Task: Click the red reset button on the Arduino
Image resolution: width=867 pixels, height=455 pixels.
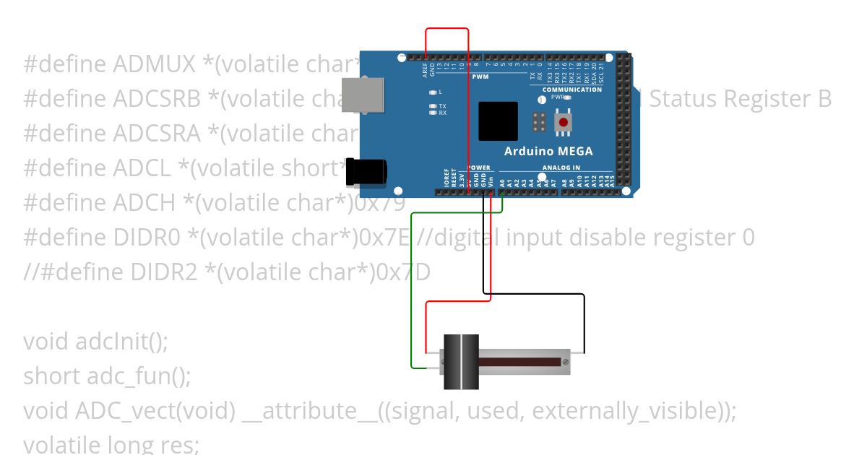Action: point(563,122)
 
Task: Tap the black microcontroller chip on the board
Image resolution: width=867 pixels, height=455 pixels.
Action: point(498,121)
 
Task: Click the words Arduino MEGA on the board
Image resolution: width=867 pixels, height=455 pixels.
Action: point(548,152)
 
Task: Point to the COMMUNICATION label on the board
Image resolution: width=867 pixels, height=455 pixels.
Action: point(571,90)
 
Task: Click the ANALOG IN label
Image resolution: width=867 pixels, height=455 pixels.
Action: point(561,168)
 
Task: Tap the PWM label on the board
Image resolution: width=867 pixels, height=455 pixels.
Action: point(480,77)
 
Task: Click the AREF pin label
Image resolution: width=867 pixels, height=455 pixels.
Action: point(425,70)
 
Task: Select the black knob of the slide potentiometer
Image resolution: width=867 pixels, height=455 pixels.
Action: point(461,361)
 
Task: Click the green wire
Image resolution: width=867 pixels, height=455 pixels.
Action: point(412,289)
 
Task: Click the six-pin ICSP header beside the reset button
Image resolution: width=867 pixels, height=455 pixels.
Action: point(539,122)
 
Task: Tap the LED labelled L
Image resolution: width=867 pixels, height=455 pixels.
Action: point(433,92)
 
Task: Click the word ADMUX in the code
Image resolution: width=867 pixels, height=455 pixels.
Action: point(155,64)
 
